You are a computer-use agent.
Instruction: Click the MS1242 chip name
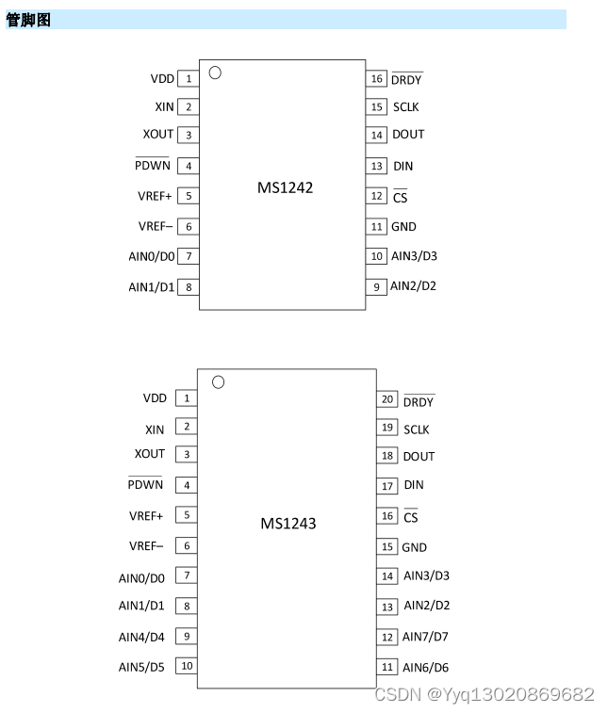[285, 187]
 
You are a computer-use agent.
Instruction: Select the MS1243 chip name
[288, 523]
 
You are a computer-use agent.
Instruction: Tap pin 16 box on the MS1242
[377, 79]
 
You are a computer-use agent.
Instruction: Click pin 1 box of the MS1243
[187, 398]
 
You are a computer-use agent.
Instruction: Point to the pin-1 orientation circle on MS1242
[215, 73]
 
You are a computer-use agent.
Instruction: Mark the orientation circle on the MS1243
[218, 381]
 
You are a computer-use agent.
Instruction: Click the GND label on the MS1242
[403, 227]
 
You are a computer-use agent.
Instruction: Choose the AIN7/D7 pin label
[425, 637]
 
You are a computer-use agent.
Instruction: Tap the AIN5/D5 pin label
[141, 667]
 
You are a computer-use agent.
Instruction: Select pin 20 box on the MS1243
[386, 399]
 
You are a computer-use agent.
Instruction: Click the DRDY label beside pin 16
[406, 80]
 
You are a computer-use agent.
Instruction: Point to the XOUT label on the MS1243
[149, 454]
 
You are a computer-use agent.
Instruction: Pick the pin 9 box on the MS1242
[376, 286]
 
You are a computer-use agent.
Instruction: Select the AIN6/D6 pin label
[425, 668]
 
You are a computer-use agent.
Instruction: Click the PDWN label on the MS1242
[152, 166]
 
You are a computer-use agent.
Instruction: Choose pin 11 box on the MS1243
[386, 667]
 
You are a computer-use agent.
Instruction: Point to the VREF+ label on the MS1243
[146, 516]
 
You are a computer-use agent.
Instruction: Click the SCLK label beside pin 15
[405, 107]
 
